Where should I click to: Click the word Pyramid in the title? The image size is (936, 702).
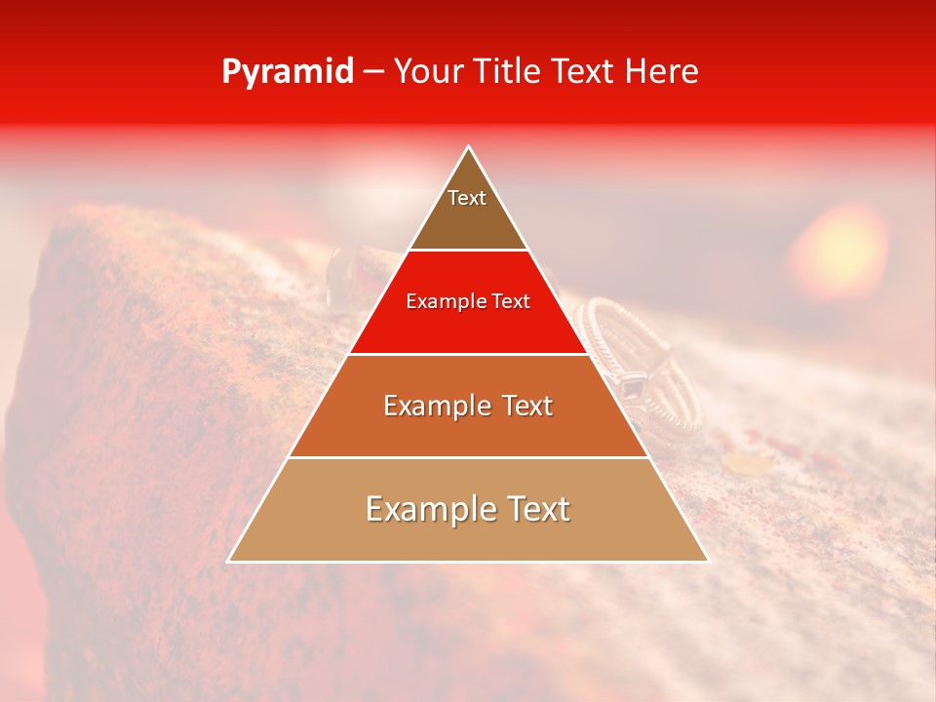pyautogui.click(x=287, y=72)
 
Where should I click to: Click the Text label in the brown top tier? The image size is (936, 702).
pyautogui.click(x=467, y=198)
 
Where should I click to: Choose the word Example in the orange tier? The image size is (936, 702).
pyautogui.click(x=433, y=406)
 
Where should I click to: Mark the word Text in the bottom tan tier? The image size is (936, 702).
pyautogui.click(x=535, y=509)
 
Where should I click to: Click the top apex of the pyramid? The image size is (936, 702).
pyautogui.click(x=468, y=147)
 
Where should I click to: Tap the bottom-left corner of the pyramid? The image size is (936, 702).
pyautogui.click(x=229, y=561)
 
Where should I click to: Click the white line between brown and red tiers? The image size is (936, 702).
pyautogui.click(x=468, y=251)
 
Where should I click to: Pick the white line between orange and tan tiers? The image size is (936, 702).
pyautogui.click(x=468, y=457)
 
